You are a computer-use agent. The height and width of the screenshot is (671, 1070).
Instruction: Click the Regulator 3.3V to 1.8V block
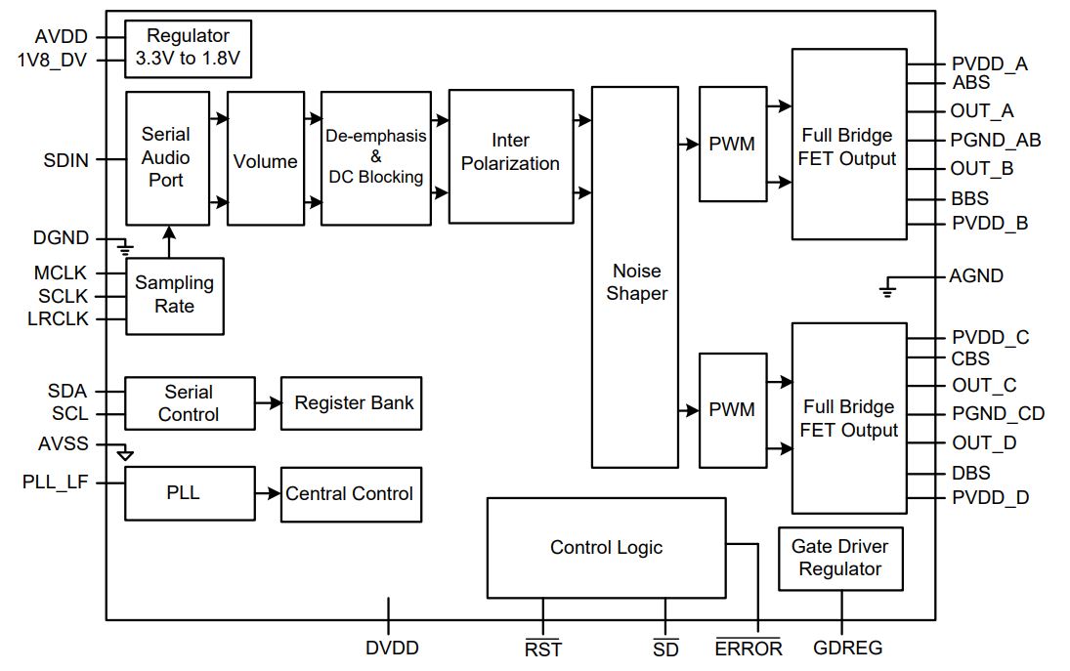pos(189,50)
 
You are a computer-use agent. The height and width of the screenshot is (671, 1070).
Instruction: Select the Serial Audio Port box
pos(167,158)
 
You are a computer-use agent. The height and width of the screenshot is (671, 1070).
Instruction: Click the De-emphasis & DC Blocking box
pos(375,157)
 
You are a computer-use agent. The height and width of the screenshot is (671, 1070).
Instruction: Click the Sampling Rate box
pos(174,295)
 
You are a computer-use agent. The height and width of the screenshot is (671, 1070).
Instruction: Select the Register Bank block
pos(352,402)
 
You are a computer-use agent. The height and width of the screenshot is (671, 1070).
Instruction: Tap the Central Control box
pos(349,494)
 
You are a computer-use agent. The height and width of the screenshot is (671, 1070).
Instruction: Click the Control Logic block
pos(606,548)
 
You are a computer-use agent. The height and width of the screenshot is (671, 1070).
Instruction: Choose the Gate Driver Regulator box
pos(839,559)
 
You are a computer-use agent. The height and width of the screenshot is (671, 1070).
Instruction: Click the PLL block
pos(182,493)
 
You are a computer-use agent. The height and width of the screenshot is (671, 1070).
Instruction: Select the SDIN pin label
pos(66,159)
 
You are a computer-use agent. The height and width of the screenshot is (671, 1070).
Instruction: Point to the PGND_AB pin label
pos(996,140)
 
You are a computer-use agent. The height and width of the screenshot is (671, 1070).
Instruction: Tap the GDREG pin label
pos(847,648)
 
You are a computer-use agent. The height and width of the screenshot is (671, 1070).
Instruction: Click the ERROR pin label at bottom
pos(749,649)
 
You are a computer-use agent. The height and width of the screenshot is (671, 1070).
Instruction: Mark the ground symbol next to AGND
pos(886,288)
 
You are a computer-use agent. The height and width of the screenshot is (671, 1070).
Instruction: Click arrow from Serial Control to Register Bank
pos(267,402)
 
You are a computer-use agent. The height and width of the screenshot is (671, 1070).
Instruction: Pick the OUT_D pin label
pos(983,443)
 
